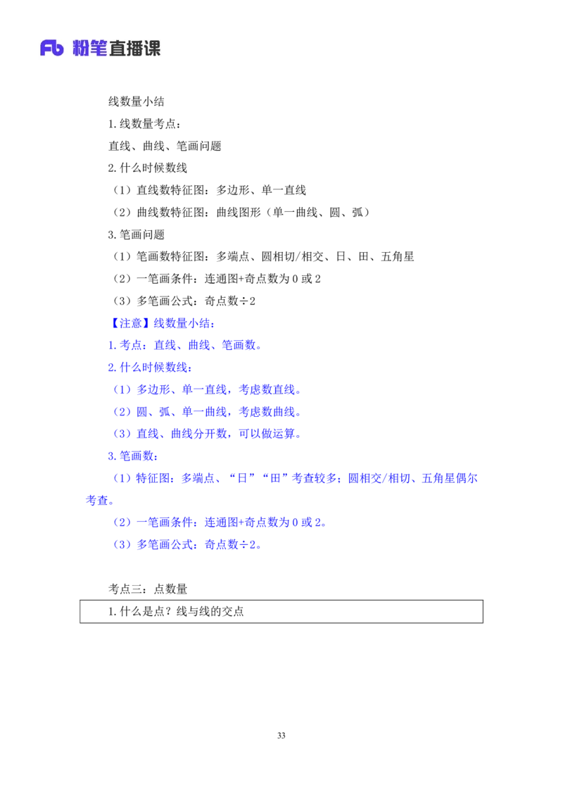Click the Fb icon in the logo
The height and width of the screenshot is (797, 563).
tap(52, 48)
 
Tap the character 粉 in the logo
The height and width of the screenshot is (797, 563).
tap(81, 48)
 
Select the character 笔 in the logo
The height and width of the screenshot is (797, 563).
tap(99, 48)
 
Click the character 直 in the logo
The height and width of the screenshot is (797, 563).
tap(117, 48)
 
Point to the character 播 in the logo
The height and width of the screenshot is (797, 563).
tap(134, 48)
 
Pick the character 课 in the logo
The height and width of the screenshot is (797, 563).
tap(152, 48)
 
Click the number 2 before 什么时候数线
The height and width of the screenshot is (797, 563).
tap(110, 368)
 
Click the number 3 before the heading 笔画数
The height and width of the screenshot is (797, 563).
tap(110, 456)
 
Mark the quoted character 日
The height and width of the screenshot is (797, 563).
tap(243, 479)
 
